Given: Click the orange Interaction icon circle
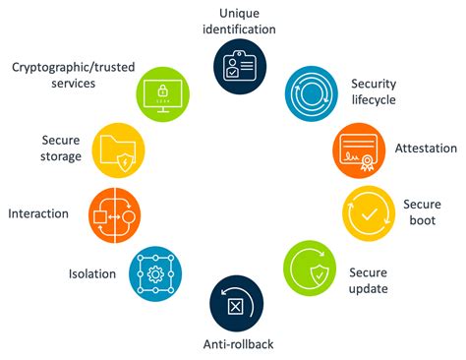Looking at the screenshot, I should pyautogui.click(x=114, y=213).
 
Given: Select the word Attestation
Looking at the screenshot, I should pyautogui.click(x=425, y=149).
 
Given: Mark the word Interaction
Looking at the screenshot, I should pyautogui.click(x=37, y=213).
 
